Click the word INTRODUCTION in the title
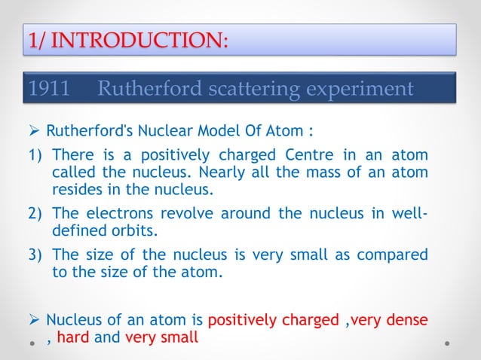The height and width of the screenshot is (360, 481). (142, 39)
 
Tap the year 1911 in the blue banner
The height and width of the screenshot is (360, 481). (49, 89)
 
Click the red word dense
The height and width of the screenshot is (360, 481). (408, 320)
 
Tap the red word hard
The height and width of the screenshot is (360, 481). (72, 338)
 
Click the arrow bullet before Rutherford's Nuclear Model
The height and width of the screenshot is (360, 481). (35, 131)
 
